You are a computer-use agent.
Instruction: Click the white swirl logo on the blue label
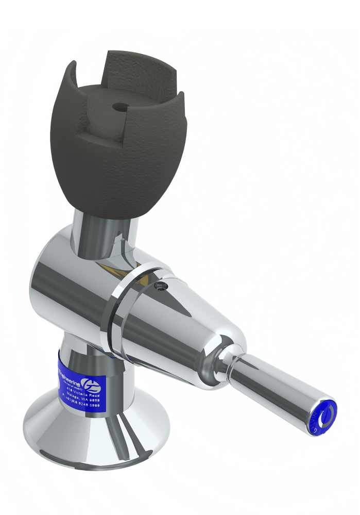(91, 383)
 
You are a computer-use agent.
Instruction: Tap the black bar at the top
(180, 13)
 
